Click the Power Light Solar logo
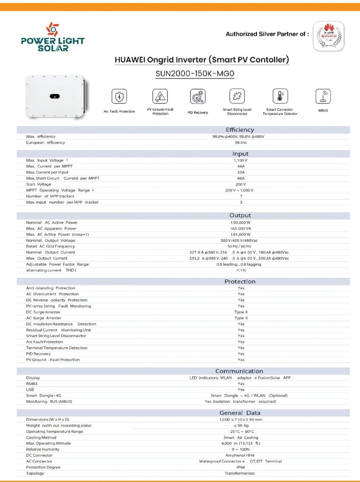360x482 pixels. pos(52,37)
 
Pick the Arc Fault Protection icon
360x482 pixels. pos(119,96)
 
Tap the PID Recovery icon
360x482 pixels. pos(197,96)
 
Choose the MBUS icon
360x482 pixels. pos(323,96)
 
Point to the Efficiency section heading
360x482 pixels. pos(240,130)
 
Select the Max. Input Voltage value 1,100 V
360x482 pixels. pos(241,160)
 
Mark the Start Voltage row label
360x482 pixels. pos(42,184)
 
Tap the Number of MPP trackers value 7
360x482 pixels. pos(241,196)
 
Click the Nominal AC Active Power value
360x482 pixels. pos(241,223)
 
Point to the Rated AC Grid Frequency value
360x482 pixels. pos(241,246)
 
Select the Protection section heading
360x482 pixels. pos(240,282)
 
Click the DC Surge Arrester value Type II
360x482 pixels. pos(241,312)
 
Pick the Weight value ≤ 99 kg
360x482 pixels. pos(241,425)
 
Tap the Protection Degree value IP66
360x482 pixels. pos(241,467)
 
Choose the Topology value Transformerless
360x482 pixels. pos(241,473)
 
